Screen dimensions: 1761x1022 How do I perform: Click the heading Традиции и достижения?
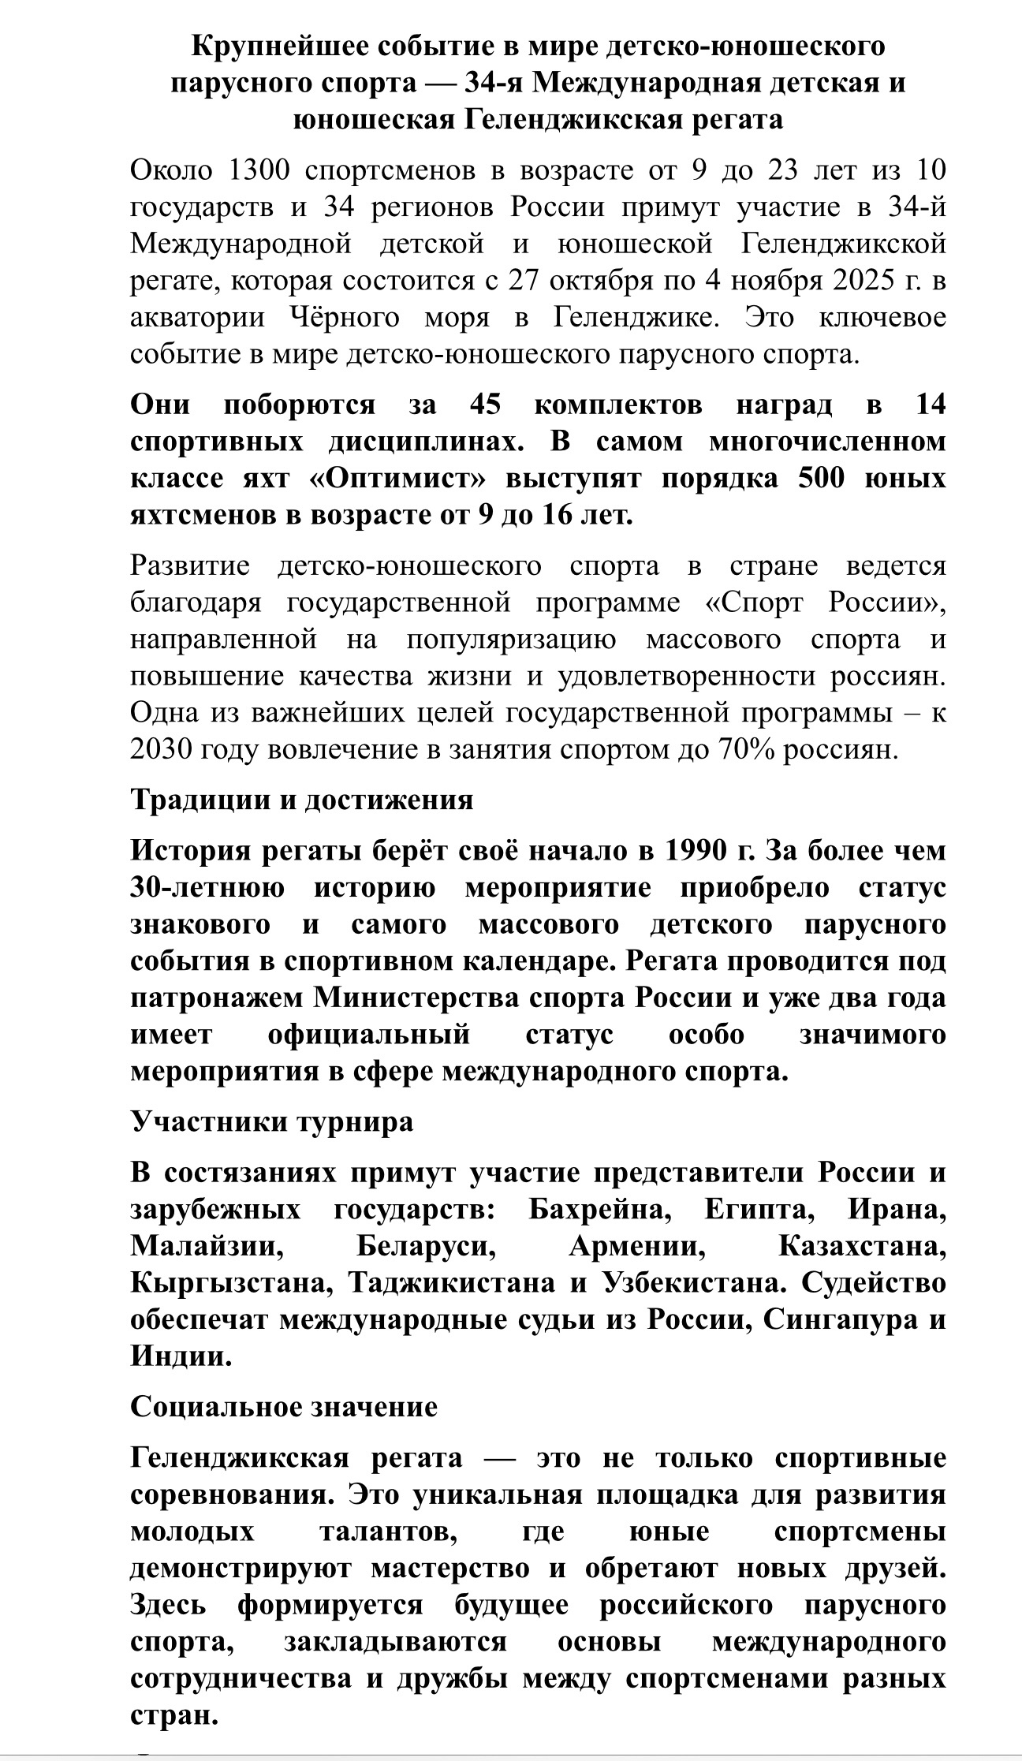[301, 800]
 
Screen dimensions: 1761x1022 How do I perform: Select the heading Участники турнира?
[271, 1121]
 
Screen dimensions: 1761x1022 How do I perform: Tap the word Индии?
[181, 1356]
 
